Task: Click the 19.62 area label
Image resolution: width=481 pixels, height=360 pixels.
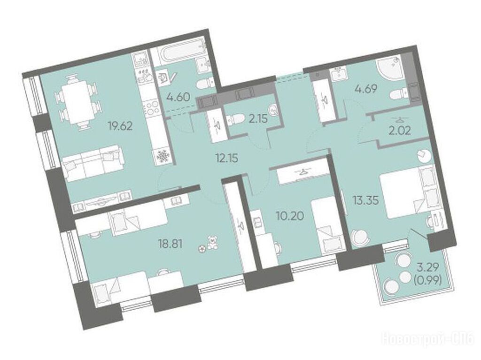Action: [x=120, y=126]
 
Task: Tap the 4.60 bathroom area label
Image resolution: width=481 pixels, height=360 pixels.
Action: [x=178, y=97]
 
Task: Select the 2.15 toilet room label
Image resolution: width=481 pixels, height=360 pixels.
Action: [x=258, y=119]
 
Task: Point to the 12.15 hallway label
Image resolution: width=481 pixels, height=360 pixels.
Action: [x=227, y=159]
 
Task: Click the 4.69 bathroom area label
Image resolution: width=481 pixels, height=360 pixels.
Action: [x=365, y=89]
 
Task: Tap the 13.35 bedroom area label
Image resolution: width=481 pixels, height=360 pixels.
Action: [x=365, y=201]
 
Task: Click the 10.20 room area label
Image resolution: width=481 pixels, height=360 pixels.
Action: [x=290, y=216]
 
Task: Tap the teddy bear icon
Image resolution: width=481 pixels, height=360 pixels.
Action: [x=211, y=242]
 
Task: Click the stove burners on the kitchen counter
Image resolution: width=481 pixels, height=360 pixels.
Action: [x=151, y=107]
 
